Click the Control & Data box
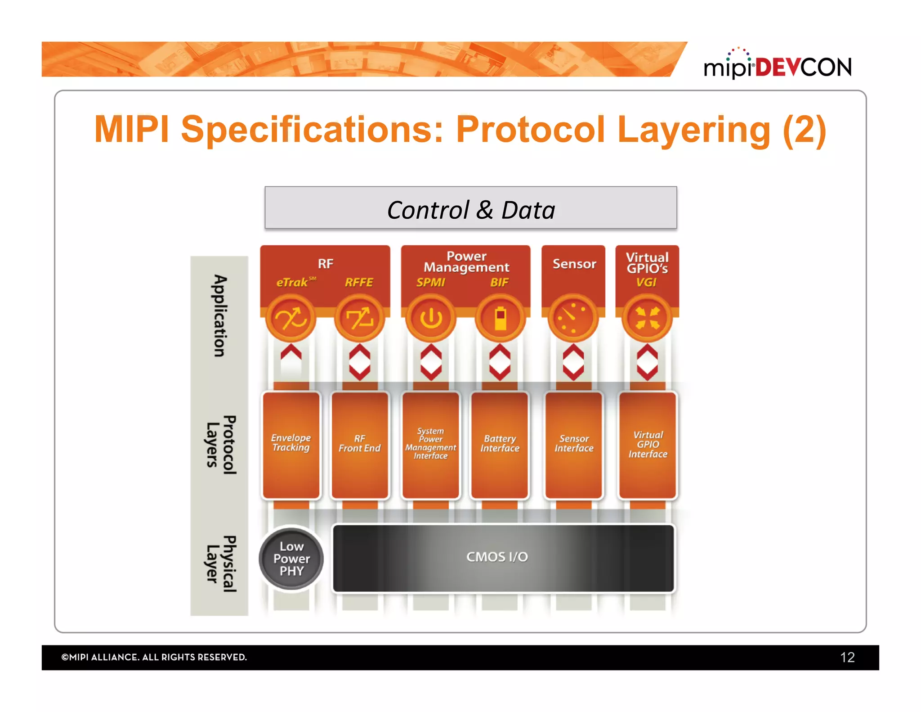coord(470,208)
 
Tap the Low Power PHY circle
coord(291,558)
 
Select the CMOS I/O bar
coord(503,558)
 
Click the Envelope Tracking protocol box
coord(291,445)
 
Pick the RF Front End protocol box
coord(359,445)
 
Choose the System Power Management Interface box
coord(430,445)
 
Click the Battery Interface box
coord(499,445)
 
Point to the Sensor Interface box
coord(573,445)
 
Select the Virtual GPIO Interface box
coord(647,445)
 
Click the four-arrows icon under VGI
coord(647,318)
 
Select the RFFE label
coord(358,282)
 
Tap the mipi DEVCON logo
coord(777,65)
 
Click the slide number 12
coord(847,657)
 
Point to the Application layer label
coord(219,316)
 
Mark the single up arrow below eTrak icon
coord(291,352)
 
